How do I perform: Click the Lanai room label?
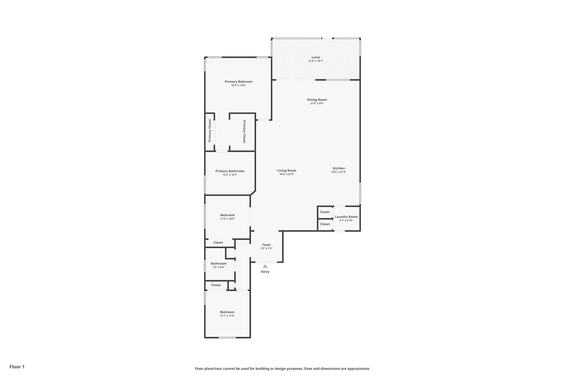coord(316,57)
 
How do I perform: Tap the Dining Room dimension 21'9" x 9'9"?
coord(317,104)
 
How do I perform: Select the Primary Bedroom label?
coord(238,82)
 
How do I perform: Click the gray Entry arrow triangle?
coord(265,266)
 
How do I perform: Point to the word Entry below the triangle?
coord(265,272)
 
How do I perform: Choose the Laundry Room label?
coord(346,217)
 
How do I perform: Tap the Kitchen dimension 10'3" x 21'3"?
coord(339,172)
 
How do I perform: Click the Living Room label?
coord(287,171)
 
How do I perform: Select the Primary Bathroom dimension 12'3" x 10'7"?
coord(230,175)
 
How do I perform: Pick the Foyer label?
coord(266,245)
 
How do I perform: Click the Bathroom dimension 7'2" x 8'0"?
coord(218,267)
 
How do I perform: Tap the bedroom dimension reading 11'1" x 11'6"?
coord(227,316)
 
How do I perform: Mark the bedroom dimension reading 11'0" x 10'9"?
coord(227,219)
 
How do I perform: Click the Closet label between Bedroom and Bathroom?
coord(218,243)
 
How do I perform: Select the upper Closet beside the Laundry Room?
coord(324,212)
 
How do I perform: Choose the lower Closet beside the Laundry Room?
coord(325,224)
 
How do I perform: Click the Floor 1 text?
coord(17,367)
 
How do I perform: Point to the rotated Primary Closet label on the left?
coord(210,131)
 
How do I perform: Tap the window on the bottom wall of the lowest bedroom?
coord(227,337)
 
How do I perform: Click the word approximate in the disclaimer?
coord(358,369)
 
